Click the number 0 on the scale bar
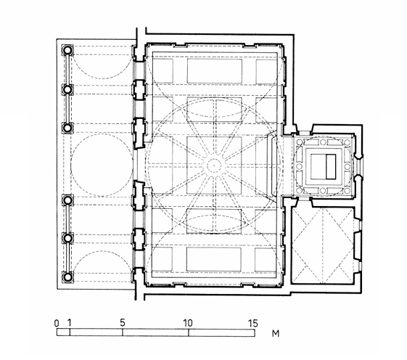[x=57, y=324]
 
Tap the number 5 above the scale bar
[x=123, y=323]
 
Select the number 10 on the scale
[x=188, y=323]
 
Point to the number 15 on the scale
[x=253, y=323]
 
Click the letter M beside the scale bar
[x=276, y=333]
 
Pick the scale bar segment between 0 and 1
[x=63, y=332]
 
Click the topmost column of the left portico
[x=67, y=49]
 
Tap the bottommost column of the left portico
[x=67, y=277]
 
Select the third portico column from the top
[x=67, y=128]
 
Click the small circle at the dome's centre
[x=214, y=165]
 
